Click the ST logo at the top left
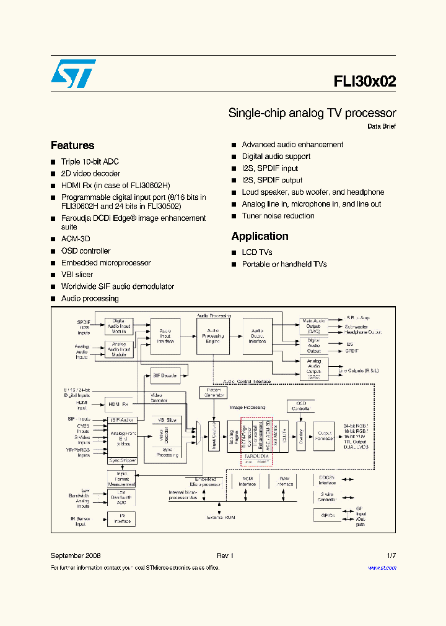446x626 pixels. [x=73, y=74]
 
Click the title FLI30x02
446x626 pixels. [x=365, y=82]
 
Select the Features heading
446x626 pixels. [x=72, y=145]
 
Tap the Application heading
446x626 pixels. [x=260, y=236]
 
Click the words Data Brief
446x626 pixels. [x=381, y=126]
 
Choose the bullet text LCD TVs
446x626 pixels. [x=256, y=252]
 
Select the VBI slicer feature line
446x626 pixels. [x=77, y=275]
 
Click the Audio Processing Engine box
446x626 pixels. [x=212, y=336]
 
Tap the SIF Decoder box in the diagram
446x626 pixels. [x=165, y=375]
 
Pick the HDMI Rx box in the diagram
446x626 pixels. [x=118, y=405]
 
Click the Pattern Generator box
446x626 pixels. [x=212, y=392]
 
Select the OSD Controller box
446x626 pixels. [x=300, y=406]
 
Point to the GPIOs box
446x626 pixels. [x=328, y=515]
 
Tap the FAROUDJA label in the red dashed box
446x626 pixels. [x=256, y=455]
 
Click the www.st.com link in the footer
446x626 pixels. [x=382, y=567]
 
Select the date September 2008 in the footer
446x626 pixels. [x=76, y=556]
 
